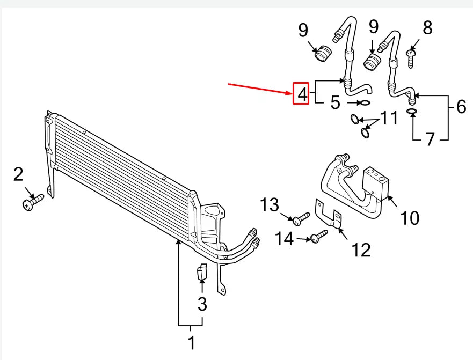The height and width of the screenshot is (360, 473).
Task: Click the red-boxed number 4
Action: tap(301, 94)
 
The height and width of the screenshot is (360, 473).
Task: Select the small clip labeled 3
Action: tap(201, 273)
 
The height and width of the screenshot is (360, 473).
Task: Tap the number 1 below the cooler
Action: tap(191, 342)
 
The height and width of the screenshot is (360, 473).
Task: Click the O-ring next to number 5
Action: tap(364, 103)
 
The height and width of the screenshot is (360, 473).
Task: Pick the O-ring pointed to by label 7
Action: tap(412, 112)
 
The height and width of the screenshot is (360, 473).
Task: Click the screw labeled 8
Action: tap(411, 58)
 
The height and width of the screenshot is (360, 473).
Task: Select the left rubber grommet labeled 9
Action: tap(323, 55)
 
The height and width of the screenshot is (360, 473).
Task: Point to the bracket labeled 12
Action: tap(329, 215)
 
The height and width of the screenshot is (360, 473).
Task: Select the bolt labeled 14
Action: tap(318, 237)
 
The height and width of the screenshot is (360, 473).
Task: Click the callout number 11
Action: tap(389, 117)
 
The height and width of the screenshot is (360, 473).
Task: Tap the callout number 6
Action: tap(461, 107)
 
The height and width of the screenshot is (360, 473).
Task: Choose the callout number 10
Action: tap(410, 218)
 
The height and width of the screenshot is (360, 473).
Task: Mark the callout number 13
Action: tap(270, 205)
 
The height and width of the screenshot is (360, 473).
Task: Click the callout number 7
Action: tap(430, 139)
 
